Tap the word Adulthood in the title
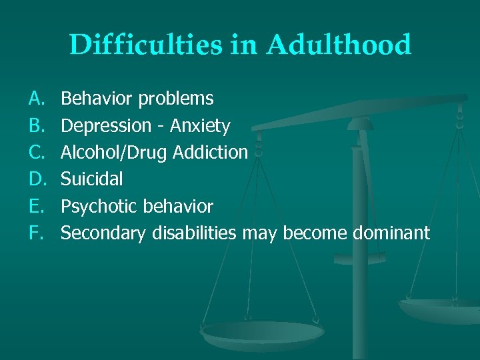point(339,45)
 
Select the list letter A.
point(35,99)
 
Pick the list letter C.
point(35,153)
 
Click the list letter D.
point(35,179)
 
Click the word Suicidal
point(91,179)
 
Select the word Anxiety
point(200,126)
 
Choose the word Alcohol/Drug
point(114,153)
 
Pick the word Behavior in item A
point(97,99)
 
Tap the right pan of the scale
point(440,308)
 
